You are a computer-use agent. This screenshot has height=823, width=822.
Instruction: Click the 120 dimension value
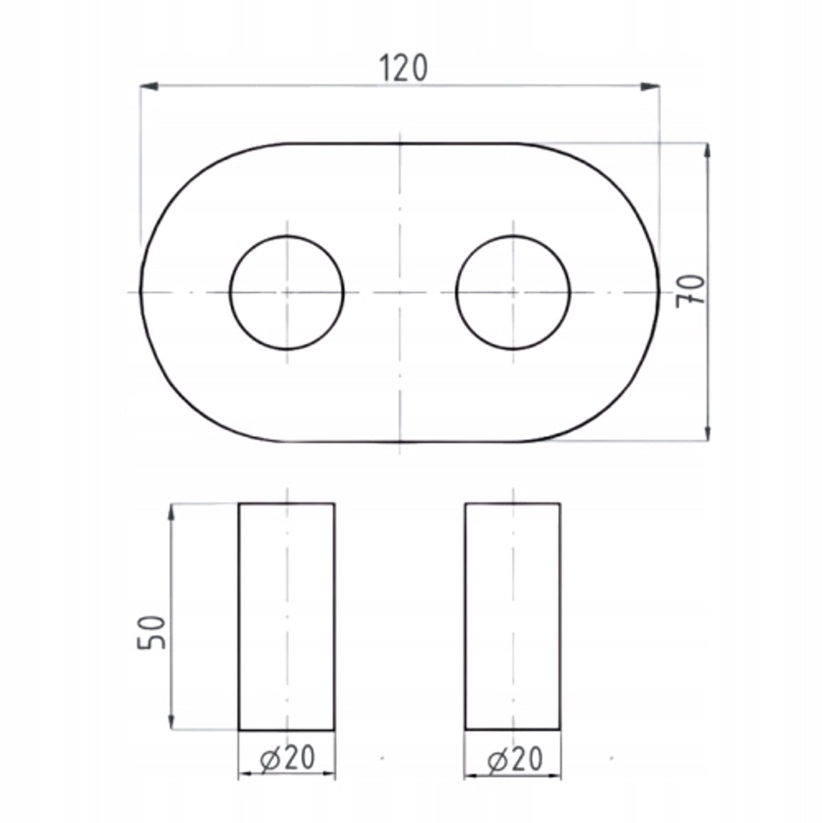tap(403, 69)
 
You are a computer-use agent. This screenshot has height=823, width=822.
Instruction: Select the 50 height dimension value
tap(152, 632)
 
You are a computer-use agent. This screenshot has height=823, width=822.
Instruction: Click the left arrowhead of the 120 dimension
tap(150, 86)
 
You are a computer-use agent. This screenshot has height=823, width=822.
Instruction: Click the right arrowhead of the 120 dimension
tap(650, 86)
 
